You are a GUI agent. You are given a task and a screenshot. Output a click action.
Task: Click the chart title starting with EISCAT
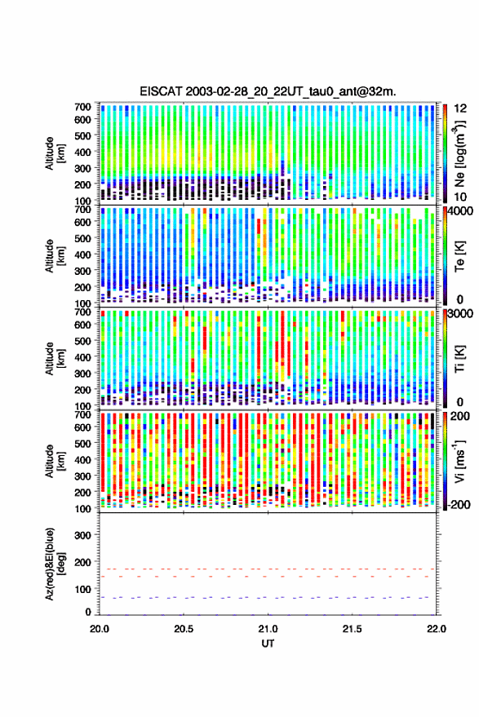268,91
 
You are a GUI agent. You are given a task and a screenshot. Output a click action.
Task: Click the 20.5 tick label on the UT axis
184,629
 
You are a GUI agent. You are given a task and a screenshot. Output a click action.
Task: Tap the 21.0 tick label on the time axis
268,629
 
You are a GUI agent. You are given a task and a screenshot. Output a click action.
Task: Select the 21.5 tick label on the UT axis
352,629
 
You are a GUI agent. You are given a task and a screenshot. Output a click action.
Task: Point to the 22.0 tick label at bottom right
436,629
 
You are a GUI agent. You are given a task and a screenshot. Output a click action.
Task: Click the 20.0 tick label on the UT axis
100,629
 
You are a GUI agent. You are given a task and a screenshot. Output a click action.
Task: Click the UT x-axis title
268,644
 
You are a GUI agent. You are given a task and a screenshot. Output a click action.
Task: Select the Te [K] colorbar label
459,256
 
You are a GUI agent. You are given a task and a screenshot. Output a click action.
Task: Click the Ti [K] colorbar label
459,359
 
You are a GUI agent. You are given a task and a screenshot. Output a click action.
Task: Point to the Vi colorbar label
459,462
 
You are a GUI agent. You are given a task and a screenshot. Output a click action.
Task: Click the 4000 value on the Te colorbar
461,212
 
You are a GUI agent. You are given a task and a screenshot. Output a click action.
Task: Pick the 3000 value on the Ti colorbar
461,314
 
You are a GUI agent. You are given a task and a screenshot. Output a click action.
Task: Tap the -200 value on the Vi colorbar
459,504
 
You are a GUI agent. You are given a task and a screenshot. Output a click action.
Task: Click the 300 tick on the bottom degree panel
82,535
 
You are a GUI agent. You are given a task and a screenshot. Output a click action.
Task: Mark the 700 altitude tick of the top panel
82,107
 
